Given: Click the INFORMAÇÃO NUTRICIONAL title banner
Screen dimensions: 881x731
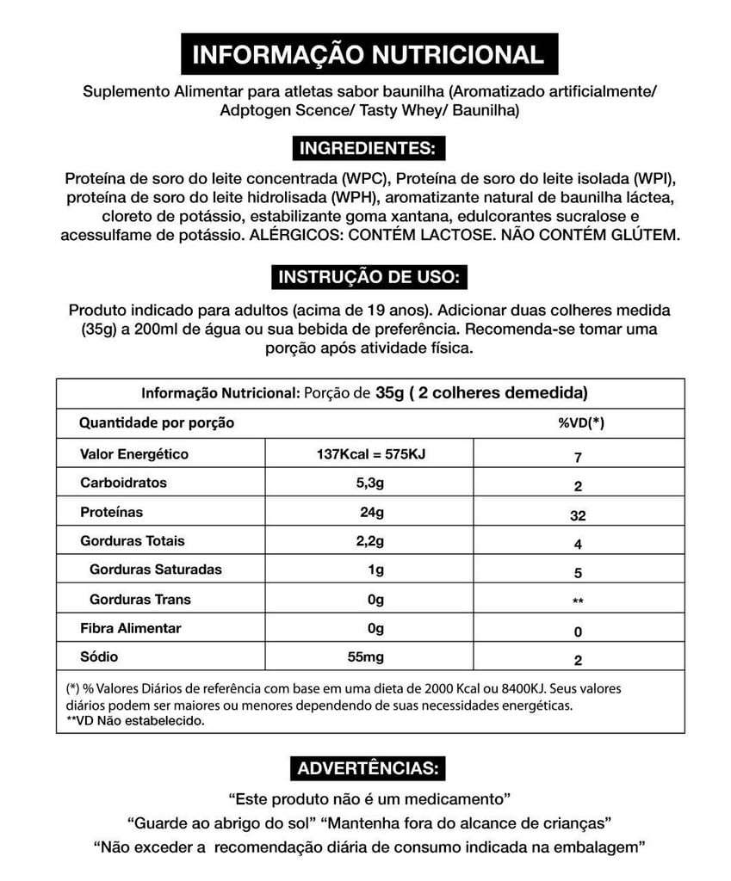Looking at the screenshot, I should [369, 55].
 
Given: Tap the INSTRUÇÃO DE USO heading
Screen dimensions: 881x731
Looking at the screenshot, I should [370, 277].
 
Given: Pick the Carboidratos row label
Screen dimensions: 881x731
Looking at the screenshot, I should [123, 483].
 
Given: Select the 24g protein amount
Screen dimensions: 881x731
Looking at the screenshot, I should [372, 512].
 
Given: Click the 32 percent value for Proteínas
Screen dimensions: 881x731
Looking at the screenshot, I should [578, 516].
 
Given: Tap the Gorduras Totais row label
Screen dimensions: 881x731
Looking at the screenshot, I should [132, 541].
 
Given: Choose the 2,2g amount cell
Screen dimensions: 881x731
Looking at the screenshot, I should [371, 541].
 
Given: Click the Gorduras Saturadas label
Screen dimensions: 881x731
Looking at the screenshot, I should [156, 570].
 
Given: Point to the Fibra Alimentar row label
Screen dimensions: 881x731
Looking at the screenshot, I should [131, 628].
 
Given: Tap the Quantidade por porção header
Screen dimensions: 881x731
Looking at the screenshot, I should [157, 422].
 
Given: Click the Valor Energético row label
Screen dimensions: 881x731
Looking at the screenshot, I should [134, 454].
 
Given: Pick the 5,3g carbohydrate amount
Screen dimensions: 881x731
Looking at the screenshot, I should [371, 483].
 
